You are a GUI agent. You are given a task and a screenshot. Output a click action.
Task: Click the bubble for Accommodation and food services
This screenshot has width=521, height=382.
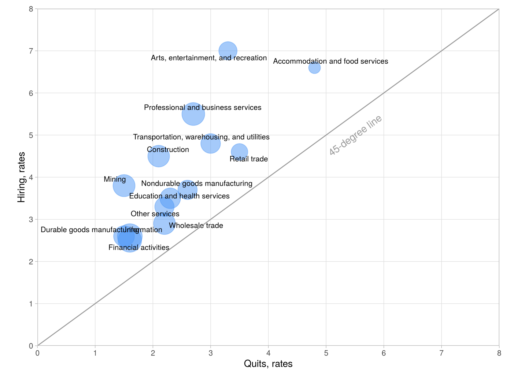(314, 68)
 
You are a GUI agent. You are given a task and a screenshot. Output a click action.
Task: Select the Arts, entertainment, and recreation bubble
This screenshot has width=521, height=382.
(228, 51)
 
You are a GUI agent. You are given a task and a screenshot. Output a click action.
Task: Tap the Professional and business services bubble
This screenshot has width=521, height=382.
(193, 114)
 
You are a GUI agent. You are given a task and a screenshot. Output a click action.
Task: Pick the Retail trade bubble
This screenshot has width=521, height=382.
(239, 152)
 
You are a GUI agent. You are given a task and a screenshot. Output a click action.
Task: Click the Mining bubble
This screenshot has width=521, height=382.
(124, 186)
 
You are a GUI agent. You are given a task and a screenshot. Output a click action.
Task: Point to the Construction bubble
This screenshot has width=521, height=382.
(158, 156)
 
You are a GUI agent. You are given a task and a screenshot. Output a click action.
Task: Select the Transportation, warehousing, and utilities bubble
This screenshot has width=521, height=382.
(210, 143)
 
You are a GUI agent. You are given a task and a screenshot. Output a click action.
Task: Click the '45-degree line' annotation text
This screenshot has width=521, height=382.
(355, 135)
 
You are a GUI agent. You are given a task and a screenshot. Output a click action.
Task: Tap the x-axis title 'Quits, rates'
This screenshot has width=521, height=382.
(268, 364)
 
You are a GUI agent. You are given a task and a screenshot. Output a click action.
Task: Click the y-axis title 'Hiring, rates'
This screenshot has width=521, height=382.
(21, 177)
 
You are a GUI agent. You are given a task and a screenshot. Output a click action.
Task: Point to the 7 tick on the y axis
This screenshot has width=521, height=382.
(31, 51)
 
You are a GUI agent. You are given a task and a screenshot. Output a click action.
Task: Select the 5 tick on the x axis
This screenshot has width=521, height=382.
(326, 353)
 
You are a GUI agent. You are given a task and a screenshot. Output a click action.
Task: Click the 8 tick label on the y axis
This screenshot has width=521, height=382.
(31, 9)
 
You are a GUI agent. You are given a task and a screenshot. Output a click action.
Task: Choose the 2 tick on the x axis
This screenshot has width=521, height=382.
(153, 353)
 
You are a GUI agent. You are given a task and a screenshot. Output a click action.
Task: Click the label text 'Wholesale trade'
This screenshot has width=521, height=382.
(196, 225)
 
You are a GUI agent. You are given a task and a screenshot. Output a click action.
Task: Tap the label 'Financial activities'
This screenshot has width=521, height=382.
(139, 247)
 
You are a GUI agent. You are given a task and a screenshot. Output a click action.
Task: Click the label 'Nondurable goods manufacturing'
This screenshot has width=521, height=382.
(197, 183)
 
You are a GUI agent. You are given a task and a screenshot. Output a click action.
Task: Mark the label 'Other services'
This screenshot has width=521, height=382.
(155, 214)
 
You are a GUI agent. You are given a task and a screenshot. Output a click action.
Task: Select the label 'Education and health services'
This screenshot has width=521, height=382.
(179, 196)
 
